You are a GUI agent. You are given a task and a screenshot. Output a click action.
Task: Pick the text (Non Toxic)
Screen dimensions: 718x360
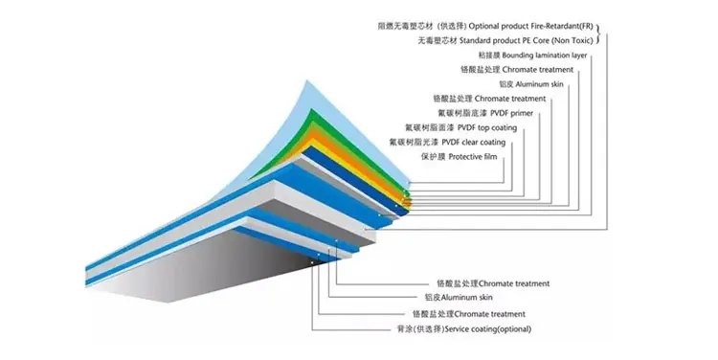(x=572, y=41)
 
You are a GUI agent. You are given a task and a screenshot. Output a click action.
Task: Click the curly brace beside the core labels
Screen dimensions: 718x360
(x=597, y=34)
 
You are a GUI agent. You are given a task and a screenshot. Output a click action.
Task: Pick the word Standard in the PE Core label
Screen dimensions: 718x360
(x=475, y=41)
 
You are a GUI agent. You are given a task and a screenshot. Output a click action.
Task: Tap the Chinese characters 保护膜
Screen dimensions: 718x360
(x=433, y=157)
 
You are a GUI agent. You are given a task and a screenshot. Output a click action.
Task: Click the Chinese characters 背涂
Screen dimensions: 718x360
(x=405, y=328)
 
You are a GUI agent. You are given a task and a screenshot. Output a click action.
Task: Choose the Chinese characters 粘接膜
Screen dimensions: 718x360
(x=489, y=56)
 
